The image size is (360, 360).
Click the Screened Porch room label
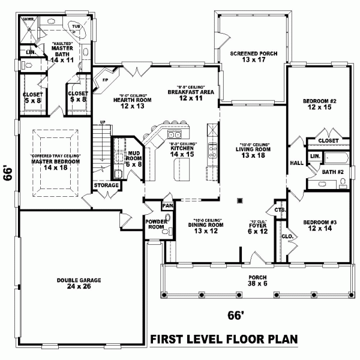253,53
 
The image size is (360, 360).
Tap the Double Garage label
79,281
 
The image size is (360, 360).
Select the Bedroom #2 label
319,101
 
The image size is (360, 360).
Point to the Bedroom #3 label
319,222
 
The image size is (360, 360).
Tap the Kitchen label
181,148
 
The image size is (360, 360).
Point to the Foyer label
253,226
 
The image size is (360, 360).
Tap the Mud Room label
134,157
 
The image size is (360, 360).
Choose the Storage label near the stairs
106,186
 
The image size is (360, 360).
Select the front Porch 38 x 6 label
253,280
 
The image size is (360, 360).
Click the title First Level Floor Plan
224,339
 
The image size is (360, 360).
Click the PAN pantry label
167,206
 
